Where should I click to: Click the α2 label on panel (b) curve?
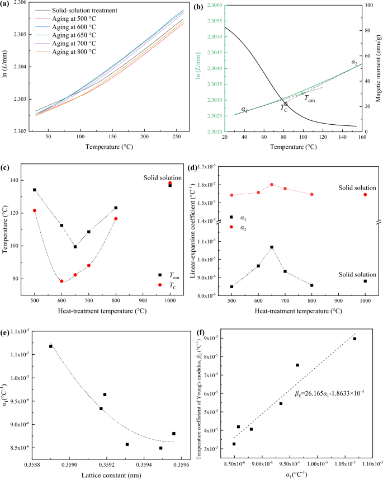click(x=354, y=62)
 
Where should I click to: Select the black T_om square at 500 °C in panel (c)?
click(x=35, y=190)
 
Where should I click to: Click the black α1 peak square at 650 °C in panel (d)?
click(x=272, y=247)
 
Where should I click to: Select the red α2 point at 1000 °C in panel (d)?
click(x=365, y=194)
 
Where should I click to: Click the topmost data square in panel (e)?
click(x=51, y=346)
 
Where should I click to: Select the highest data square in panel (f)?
click(x=354, y=339)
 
